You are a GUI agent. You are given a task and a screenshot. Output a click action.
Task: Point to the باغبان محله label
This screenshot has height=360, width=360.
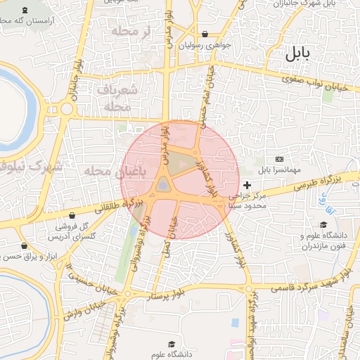(x=101, y=172)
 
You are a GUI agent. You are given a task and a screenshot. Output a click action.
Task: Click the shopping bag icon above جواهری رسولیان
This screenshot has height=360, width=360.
(x=205, y=34)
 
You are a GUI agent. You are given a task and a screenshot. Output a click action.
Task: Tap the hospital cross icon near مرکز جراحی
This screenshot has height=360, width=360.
(x=247, y=184)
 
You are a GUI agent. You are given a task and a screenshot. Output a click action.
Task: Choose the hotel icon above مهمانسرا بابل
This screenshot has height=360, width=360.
(x=280, y=160)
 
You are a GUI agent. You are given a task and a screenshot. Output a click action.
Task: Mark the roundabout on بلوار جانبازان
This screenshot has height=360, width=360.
(x=68, y=109)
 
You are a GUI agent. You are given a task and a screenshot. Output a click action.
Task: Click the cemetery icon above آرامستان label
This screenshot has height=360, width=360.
(x=26, y=11)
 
